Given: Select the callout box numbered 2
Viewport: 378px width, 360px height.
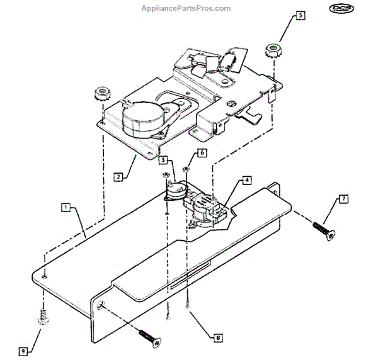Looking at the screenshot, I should tap(118, 177).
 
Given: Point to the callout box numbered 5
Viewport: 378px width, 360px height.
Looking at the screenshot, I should tap(300, 13).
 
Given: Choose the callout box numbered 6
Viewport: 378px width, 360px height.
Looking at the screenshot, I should tap(202, 153).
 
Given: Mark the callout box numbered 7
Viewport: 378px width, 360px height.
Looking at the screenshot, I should tap(343, 199).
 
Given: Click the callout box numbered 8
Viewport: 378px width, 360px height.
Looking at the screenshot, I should tap(218, 338).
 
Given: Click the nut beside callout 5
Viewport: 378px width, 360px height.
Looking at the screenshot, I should tap(272, 50).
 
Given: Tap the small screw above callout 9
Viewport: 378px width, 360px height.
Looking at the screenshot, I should tap(43, 318).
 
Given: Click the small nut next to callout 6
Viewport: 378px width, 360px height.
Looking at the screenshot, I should tap(186, 169).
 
